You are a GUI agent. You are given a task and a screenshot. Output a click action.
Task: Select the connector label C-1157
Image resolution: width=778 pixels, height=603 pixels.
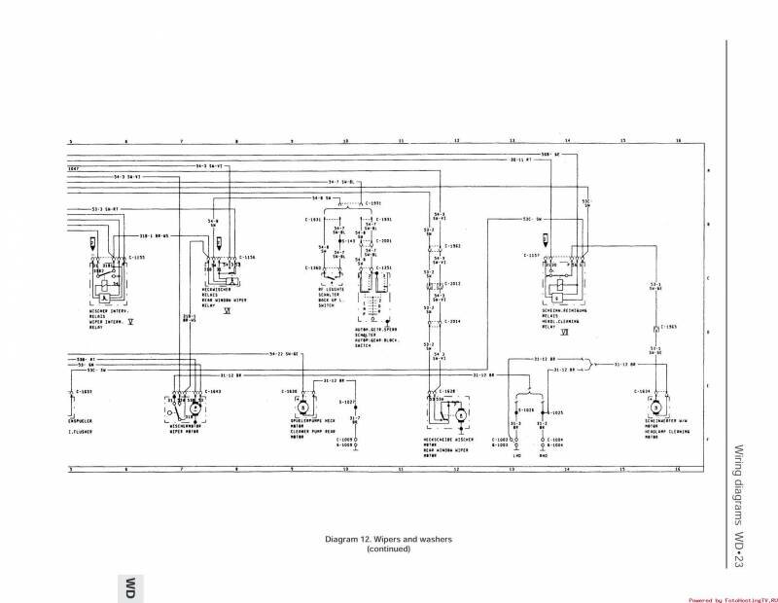[x=531, y=257]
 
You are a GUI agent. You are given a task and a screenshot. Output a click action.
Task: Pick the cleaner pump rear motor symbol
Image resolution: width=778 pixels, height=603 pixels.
[x=301, y=405]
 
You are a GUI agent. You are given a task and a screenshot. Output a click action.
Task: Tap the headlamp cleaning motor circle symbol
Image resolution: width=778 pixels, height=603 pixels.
[x=655, y=405]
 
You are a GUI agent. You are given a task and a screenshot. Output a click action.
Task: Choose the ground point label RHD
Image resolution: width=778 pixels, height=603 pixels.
[x=543, y=455]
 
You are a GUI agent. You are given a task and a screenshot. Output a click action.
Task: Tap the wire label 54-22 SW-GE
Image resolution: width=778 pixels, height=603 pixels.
[x=282, y=354]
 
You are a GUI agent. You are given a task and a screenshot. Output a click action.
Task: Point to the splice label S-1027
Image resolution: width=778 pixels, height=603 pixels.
[x=347, y=402]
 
